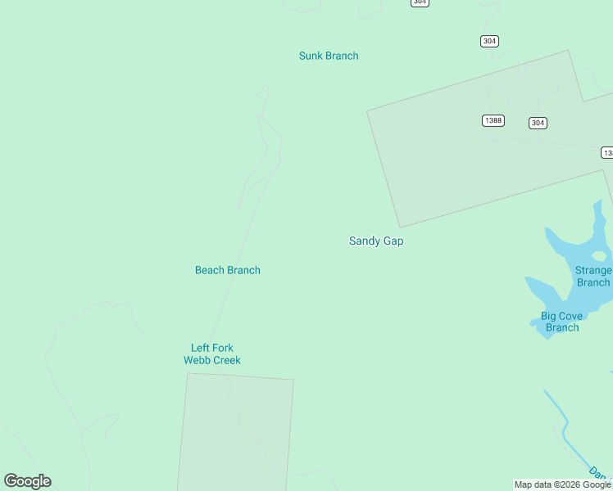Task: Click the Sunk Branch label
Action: click(x=329, y=56)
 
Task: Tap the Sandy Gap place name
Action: click(x=376, y=241)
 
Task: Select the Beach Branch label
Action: click(x=228, y=270)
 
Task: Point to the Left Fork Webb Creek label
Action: click(x=211, y=354)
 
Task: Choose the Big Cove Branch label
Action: click(x=561, y=322)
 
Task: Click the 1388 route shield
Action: click(x=493, y=120)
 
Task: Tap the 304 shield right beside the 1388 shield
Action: click(x=538, y=123)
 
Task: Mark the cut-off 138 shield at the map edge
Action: click(x=607, y=153)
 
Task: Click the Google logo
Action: click(x=27, y=481)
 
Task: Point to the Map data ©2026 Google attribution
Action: click(x=563, y=484)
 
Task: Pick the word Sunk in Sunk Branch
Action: click(x=311, y=56)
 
